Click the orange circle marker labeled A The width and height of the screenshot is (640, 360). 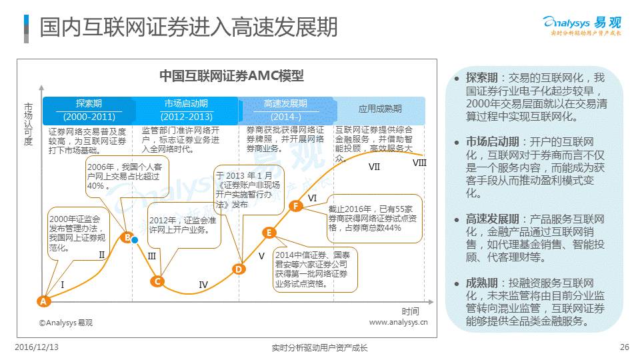(x=43, y=301)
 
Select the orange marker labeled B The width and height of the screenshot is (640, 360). (x=126, y=237)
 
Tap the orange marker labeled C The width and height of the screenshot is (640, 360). (x=157, y=281)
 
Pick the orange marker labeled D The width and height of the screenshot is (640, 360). (x=238, y=269)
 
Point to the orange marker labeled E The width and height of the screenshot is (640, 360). (x=269, y=233)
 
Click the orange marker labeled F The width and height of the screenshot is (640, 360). (x=297, y=207)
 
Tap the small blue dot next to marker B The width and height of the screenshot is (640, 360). (x=135, y=240)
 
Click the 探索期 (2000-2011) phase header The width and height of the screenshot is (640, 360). (x=89, y=110)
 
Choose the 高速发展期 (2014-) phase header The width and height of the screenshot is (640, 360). (x=285, y=110)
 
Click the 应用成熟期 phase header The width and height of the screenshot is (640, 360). (x=380, y=109)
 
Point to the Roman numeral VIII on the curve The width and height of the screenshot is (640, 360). (x=419, y=163)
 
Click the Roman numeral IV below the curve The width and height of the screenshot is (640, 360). (x=203, y=285)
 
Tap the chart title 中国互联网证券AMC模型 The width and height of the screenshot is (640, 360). (x=231, y=76)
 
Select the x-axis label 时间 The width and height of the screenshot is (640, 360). (x=411, y=311)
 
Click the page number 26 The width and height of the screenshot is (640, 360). (x=624, y=347)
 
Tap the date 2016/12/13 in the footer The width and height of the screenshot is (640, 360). (x=37, y=347)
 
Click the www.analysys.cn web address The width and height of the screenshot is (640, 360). (x=398, y=323)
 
